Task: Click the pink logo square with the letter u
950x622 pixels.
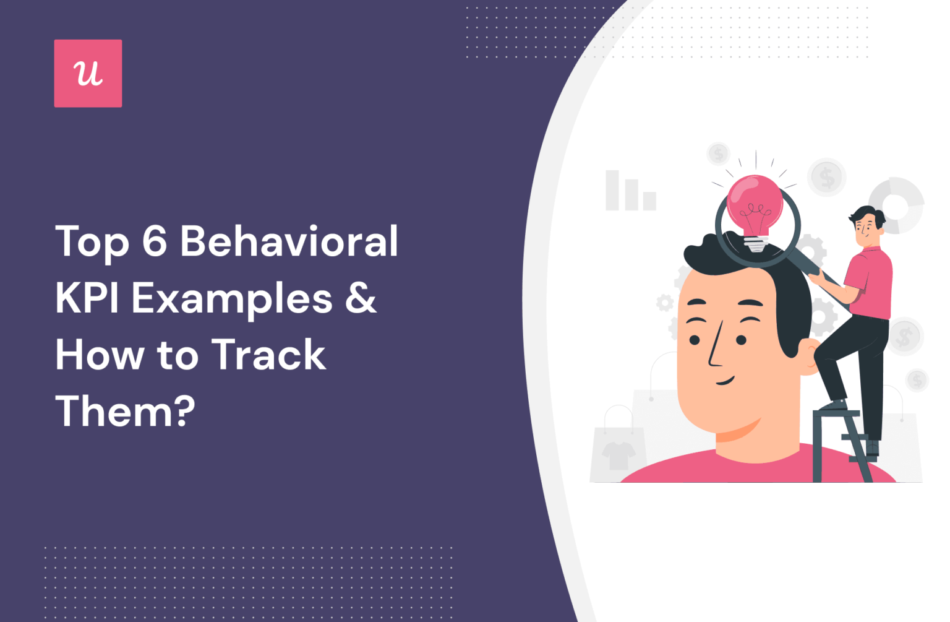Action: coord(88,74)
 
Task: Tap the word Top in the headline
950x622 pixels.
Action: coord(92,243)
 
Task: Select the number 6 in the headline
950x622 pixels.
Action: coord(155,241)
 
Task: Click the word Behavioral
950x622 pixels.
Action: coord(289,241)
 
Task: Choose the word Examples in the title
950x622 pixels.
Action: coord(233,300)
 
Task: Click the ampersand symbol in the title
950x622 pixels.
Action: coord(361,298)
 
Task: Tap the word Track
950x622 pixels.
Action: coord(268,355)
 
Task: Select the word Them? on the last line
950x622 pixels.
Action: coord(126,411)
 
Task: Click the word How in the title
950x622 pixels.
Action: coord(100,355)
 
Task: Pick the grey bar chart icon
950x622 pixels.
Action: coord(630,191)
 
